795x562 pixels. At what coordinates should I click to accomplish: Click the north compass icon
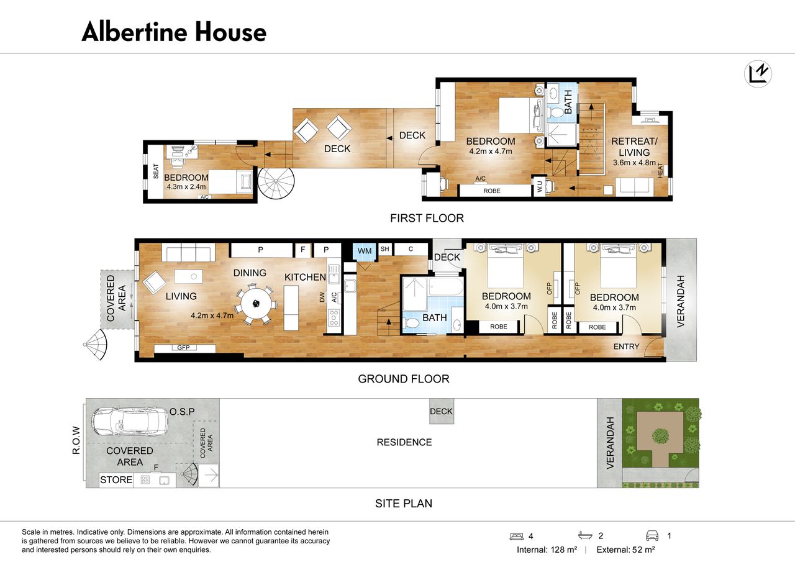point(758,74)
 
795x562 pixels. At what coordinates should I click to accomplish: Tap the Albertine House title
point(174,32)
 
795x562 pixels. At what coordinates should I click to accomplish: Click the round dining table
point(255,304)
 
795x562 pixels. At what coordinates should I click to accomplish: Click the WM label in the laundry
point(365,251)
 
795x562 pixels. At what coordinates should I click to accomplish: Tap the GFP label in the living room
point(183,347)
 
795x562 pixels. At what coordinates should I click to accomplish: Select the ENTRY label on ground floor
point(627,347)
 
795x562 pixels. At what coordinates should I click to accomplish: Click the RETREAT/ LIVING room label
point(634,147)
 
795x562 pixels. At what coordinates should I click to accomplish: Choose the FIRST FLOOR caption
point(427,218)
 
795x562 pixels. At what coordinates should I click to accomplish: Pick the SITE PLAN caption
point(404,503)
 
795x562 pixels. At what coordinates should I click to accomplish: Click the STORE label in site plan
point(116,479)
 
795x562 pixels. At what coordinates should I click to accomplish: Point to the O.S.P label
point(182,412)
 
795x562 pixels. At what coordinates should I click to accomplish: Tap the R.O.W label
point(76,440)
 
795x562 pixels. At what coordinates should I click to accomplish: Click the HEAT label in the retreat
point(660,170)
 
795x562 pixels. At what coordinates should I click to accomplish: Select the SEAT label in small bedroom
point(156,171)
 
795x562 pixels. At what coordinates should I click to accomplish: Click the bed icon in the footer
point(516,536)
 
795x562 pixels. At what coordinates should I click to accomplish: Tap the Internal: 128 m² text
point(547,550)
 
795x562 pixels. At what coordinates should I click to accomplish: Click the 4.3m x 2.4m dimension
point(186,187)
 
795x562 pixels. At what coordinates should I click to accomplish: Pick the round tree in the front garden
point(660,436)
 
